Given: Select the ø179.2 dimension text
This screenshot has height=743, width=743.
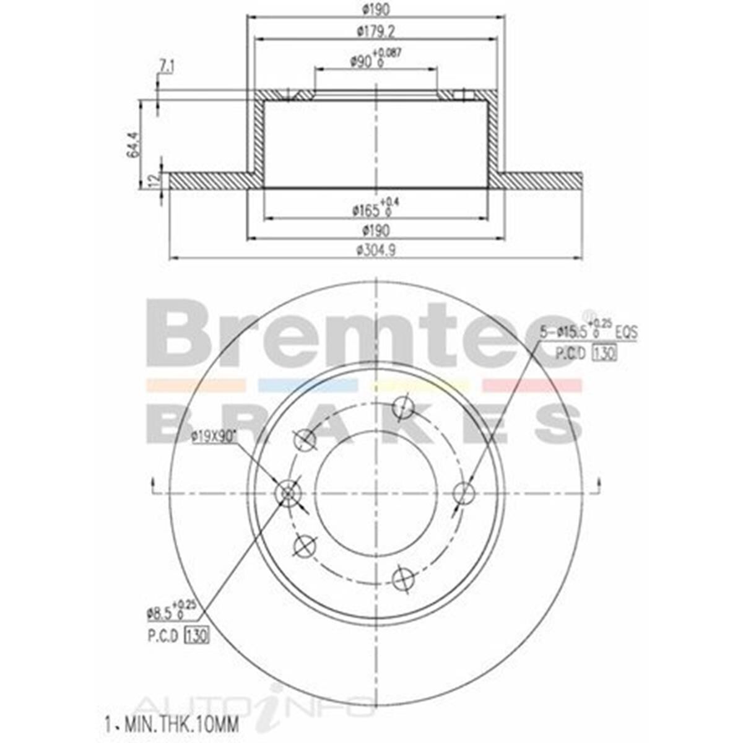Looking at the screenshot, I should click(375, 30).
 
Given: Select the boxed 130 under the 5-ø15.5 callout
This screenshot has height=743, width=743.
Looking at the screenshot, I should click(604, 354).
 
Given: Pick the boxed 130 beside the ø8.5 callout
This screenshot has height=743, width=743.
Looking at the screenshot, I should click(196, 635).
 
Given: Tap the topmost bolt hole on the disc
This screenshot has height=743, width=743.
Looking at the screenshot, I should click(404, 407).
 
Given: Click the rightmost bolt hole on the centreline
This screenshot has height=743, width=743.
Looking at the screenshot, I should click(464, 493).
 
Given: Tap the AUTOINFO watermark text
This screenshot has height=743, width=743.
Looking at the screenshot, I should click(254, 706).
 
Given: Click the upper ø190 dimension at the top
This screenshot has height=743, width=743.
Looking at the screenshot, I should click(375, 9).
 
